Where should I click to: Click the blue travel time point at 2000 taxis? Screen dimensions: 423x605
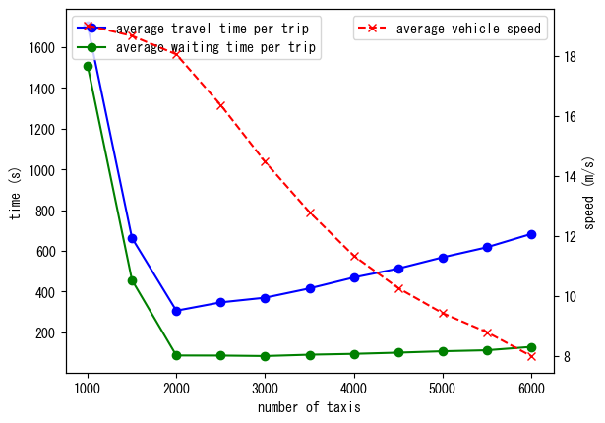coord(176,311)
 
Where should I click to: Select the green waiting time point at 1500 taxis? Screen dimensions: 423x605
coord(132,280)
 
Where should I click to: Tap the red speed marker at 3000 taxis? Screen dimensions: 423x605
coord(266,161)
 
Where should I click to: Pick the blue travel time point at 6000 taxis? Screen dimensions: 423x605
coord(531,234)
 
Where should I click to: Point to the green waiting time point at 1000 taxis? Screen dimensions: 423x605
coord(88,66)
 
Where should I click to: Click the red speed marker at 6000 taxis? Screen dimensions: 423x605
coord(531,356)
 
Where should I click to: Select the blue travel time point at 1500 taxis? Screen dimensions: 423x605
coord(132,238)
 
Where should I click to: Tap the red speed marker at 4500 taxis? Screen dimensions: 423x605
coord(398,288)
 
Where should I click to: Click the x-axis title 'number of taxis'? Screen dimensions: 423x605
coord(309,407)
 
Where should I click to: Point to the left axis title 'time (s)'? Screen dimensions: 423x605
coord(15,193)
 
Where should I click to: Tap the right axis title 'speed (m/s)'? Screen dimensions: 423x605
coord(589,193)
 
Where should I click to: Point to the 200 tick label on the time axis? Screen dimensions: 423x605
coord(47,333)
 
